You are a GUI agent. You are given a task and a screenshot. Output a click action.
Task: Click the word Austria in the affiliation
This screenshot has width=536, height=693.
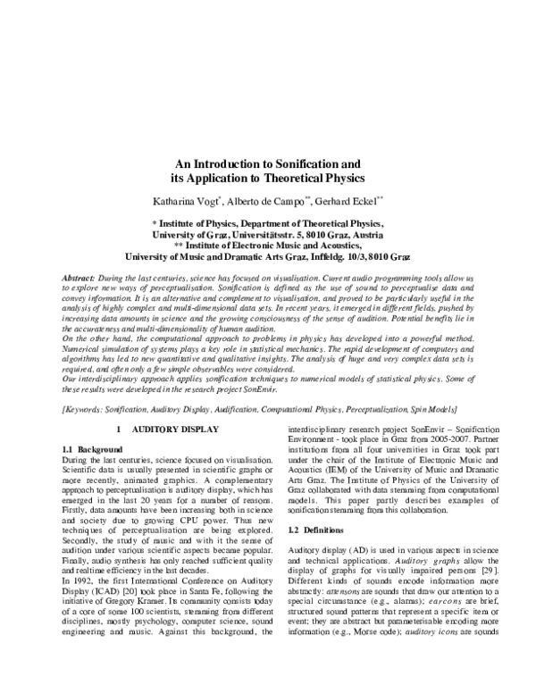[366, 234]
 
